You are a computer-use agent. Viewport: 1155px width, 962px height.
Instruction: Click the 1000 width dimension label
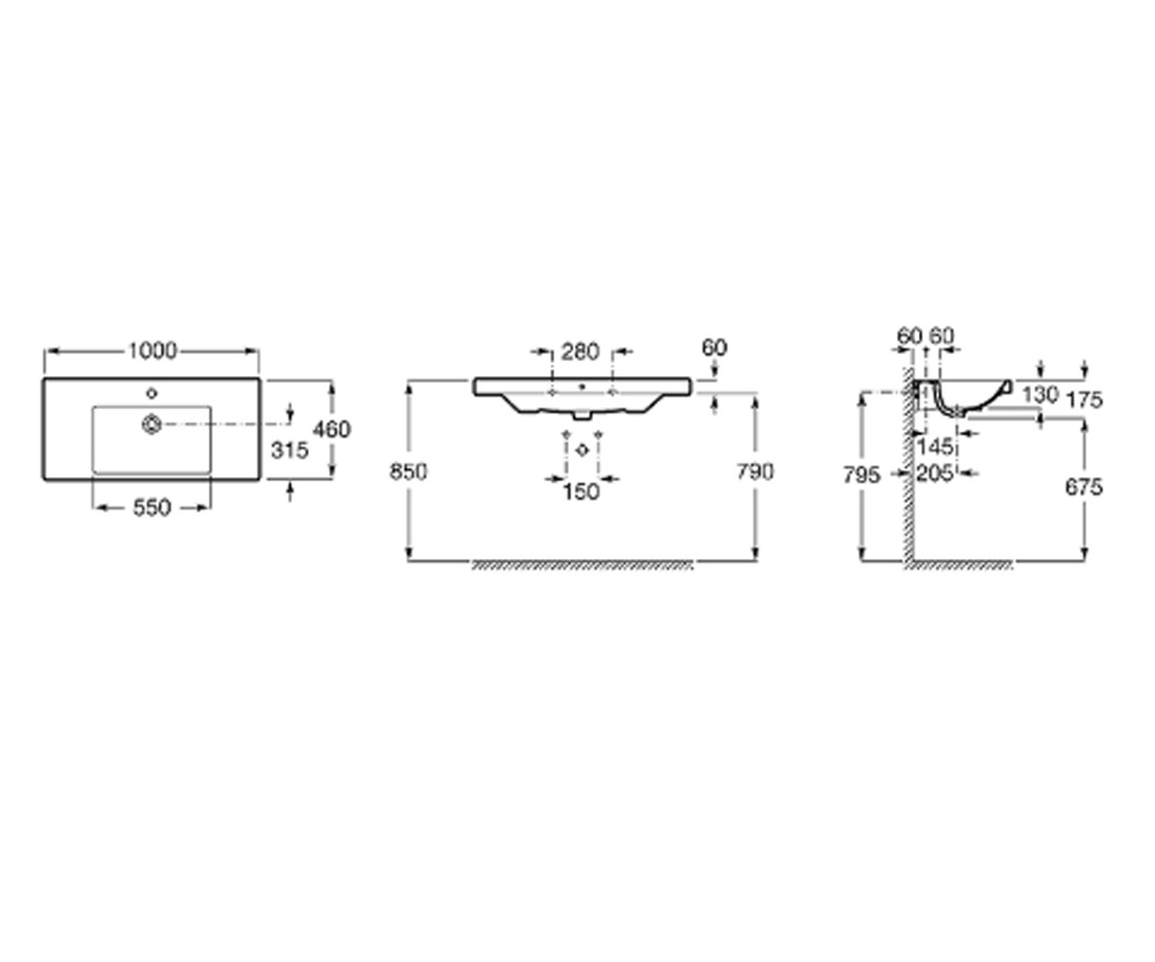(x=152, y=351)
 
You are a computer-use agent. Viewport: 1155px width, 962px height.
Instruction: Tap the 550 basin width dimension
(x=152, y=508)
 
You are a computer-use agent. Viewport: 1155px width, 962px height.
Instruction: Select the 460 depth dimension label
(x=332, y=429)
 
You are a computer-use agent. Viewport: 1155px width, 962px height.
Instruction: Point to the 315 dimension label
(x=290, y=450)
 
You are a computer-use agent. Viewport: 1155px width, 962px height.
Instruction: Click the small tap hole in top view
(x=151, y=393)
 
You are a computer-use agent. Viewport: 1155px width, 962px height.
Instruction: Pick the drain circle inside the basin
(x=151, y=424)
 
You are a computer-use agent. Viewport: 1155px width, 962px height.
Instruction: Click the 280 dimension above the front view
(x=580, y=352)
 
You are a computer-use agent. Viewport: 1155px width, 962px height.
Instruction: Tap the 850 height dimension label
(x=408, y=471)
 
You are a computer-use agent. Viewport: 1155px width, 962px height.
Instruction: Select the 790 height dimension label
(x=755, y=471)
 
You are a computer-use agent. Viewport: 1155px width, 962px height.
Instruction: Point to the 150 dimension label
(x=580, y=492)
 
